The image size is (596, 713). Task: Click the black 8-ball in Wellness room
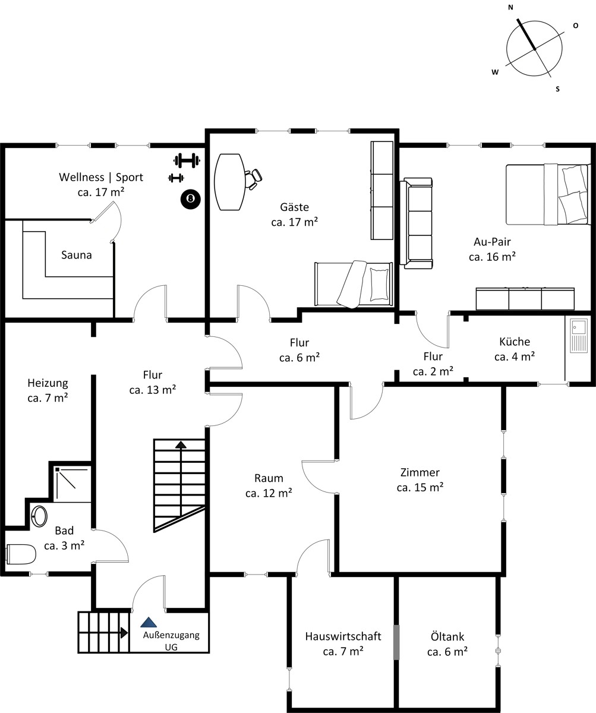[x=191, y=198]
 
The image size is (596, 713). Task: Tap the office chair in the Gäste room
[x=253, y=179]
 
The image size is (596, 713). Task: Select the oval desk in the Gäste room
[x=229, y=182]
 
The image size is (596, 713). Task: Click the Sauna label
[x=77, y=255]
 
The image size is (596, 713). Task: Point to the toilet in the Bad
[x=21, y=554]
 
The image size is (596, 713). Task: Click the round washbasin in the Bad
[x=40, y=516]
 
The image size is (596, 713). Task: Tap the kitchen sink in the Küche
[x=579, y=336]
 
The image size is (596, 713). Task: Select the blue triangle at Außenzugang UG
[x=149, y=622]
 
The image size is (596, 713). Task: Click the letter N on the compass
[x=510, y=8]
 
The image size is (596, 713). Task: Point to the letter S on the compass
[x=558, y=89]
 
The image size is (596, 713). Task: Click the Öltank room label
[x=447, y=636]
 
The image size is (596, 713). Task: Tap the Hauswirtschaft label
[x=343, y=636]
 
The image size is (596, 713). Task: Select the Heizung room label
[x=48, y=383]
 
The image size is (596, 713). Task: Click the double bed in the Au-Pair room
[x=548, y=194]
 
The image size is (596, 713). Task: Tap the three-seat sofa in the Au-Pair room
[x=416, y=223]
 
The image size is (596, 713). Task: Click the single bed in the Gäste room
[x=354, y=284]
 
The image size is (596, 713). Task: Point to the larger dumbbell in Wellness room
[x=187, y=160]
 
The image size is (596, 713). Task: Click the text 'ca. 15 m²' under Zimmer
[x=420, y=487]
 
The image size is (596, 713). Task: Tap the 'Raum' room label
[x=269, y=478]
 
